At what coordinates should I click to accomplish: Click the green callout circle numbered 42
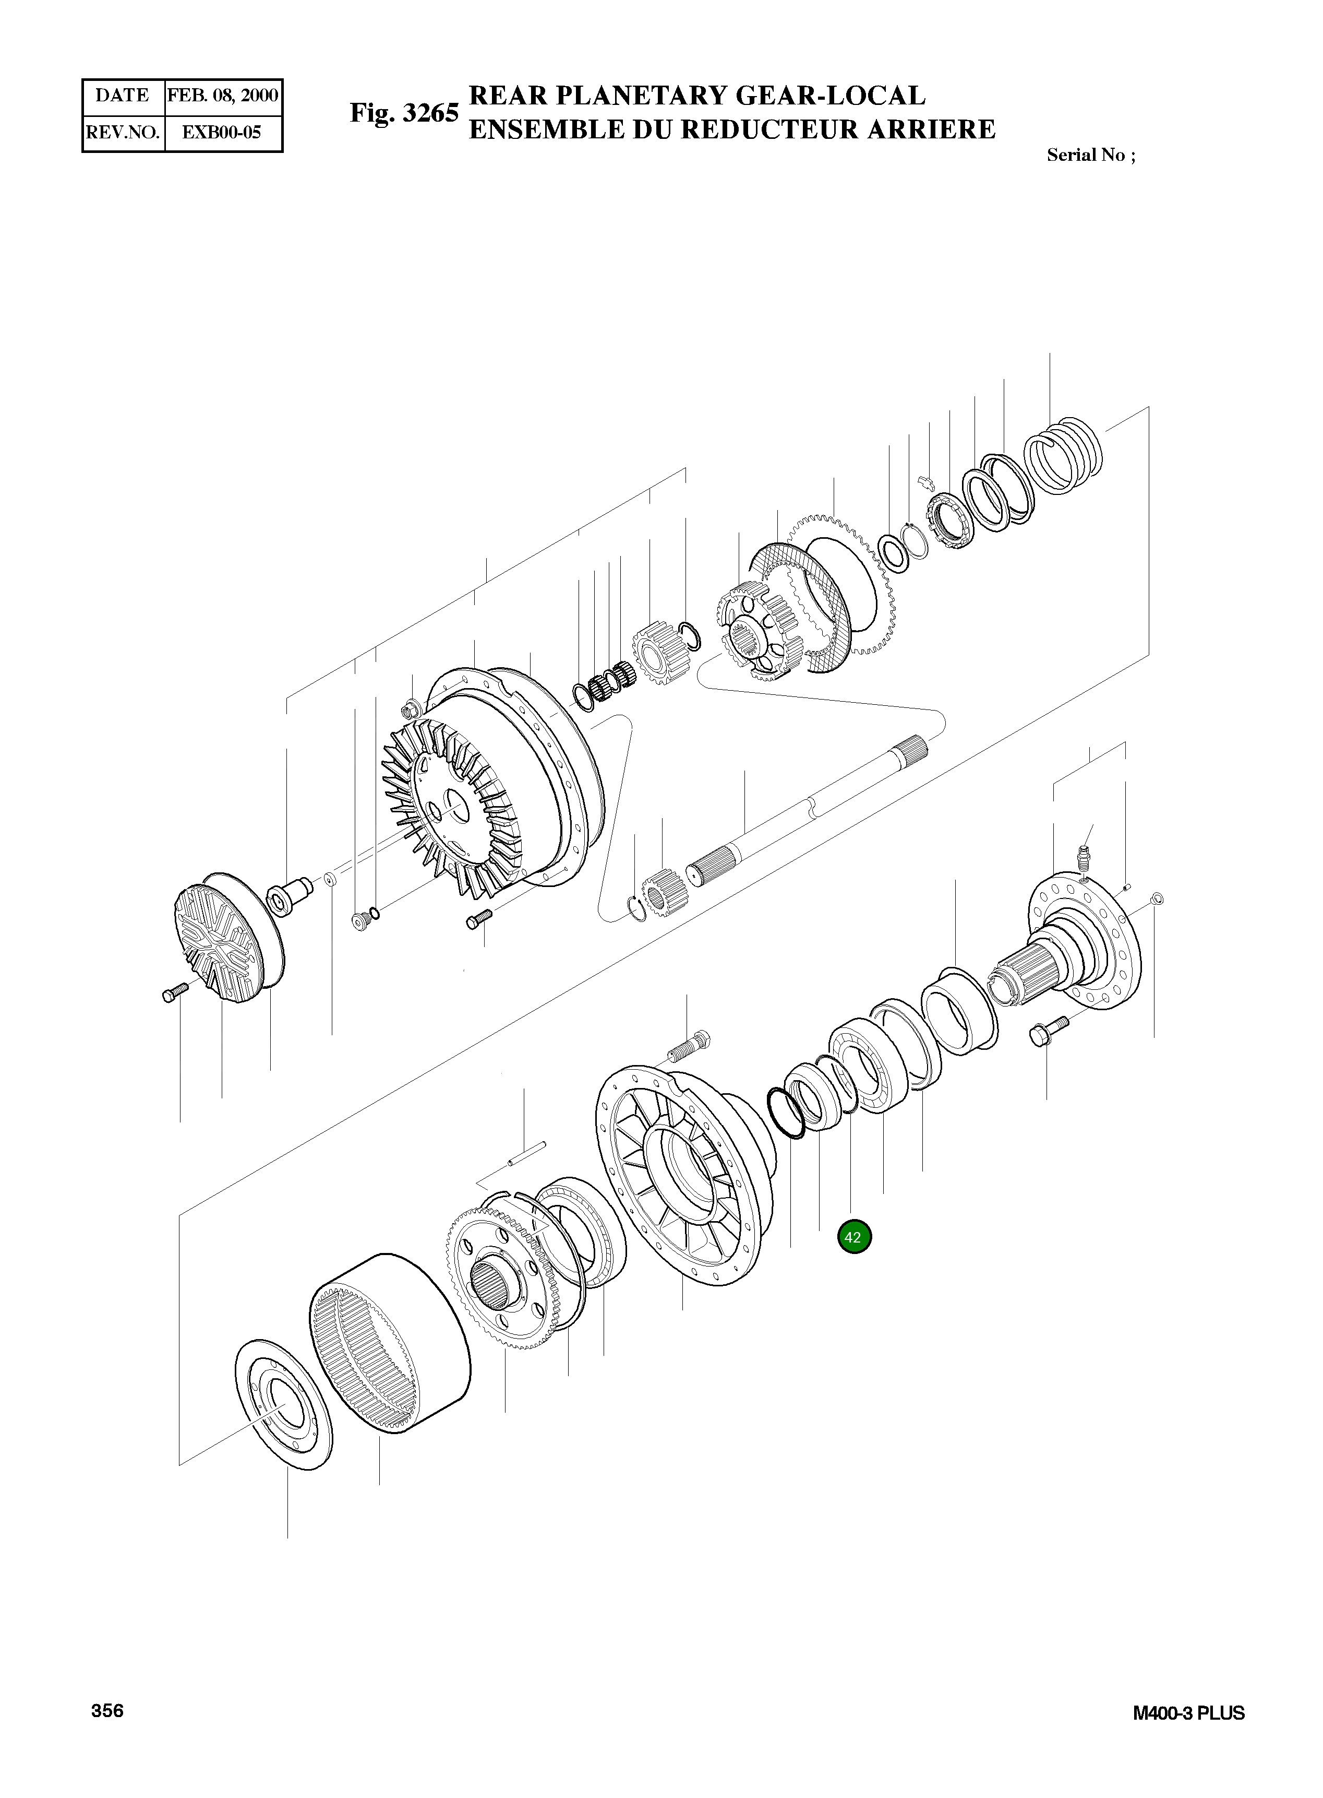click(x=853, y=1237)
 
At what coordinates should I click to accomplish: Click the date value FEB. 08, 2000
click(x=223, y=96)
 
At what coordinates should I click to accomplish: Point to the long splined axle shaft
click(x=809, y=809)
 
